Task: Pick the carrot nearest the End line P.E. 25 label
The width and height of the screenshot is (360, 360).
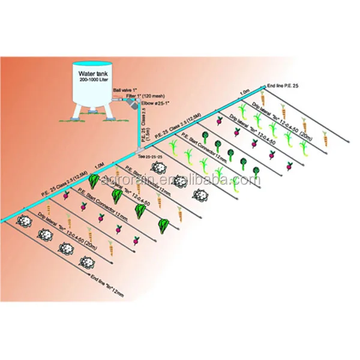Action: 262,98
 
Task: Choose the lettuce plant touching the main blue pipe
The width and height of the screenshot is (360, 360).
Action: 94,180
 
